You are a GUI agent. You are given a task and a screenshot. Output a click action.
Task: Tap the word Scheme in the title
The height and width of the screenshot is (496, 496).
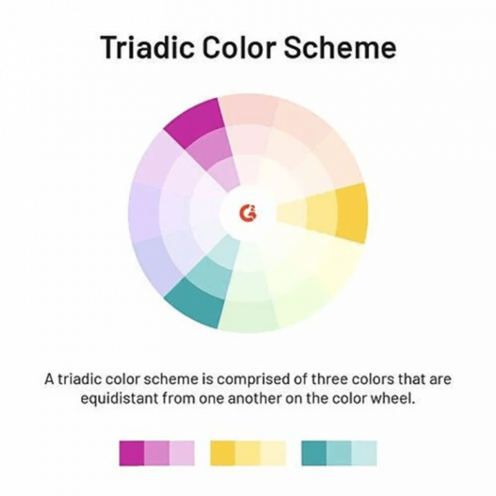tap(344, 48)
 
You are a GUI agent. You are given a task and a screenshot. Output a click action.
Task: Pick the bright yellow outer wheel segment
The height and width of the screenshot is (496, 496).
tap(350, 212)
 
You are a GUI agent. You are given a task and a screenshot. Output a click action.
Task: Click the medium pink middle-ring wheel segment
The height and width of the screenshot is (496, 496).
tap(211, 151)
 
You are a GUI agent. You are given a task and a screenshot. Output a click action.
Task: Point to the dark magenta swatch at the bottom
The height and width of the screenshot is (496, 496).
tap(132, 453)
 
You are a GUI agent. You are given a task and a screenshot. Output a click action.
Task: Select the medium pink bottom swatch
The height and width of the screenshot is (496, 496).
tap(156, 453)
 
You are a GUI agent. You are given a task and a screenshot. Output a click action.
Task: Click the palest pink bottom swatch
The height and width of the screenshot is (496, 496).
tap(182, 453)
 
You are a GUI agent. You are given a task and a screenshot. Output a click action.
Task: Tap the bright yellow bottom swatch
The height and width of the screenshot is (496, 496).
tap(223, 453)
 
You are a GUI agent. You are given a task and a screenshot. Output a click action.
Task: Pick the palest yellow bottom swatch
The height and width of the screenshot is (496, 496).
tap(273, 453)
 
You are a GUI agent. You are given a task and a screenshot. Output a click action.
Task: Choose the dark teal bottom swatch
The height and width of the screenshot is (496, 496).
tap(314, 453)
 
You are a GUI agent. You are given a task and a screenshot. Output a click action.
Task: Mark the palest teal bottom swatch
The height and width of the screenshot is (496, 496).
tap(364, 453)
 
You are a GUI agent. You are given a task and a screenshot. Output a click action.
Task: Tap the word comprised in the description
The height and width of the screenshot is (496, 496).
tap(252, 380)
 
